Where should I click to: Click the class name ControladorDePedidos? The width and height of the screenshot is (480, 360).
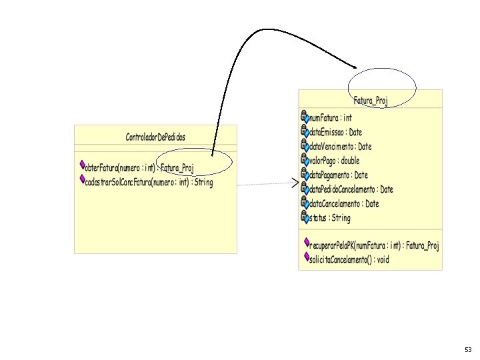click(155, 137)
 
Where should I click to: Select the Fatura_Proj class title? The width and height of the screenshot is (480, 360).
click(371, 101)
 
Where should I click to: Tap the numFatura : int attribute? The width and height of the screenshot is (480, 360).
click(331, 118)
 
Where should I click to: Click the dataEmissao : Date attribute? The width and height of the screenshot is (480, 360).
click(336, 132)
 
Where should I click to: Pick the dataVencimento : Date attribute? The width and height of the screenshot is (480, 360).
click(341, 147)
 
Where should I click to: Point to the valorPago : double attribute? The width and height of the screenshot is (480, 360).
click(334, 161)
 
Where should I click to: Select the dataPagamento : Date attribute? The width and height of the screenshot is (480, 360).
click(339, 175)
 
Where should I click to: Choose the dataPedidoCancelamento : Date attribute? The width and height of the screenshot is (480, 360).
click(351, 189)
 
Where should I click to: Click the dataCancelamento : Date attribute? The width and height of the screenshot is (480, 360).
click(344, 203)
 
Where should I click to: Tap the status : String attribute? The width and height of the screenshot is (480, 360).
click(330, 218)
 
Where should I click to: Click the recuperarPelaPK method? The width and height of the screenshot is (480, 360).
click(374, 246)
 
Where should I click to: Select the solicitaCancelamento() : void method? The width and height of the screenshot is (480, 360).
click(349, 260)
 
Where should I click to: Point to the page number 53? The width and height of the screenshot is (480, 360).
click(468, 350)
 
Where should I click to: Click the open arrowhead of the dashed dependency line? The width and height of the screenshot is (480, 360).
click(295, 183)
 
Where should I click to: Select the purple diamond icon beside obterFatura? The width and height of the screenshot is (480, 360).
click(82, 165)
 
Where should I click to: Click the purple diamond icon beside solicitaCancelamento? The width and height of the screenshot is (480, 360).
click(307, 257)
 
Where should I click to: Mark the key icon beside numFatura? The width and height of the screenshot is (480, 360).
click(305, 116)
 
